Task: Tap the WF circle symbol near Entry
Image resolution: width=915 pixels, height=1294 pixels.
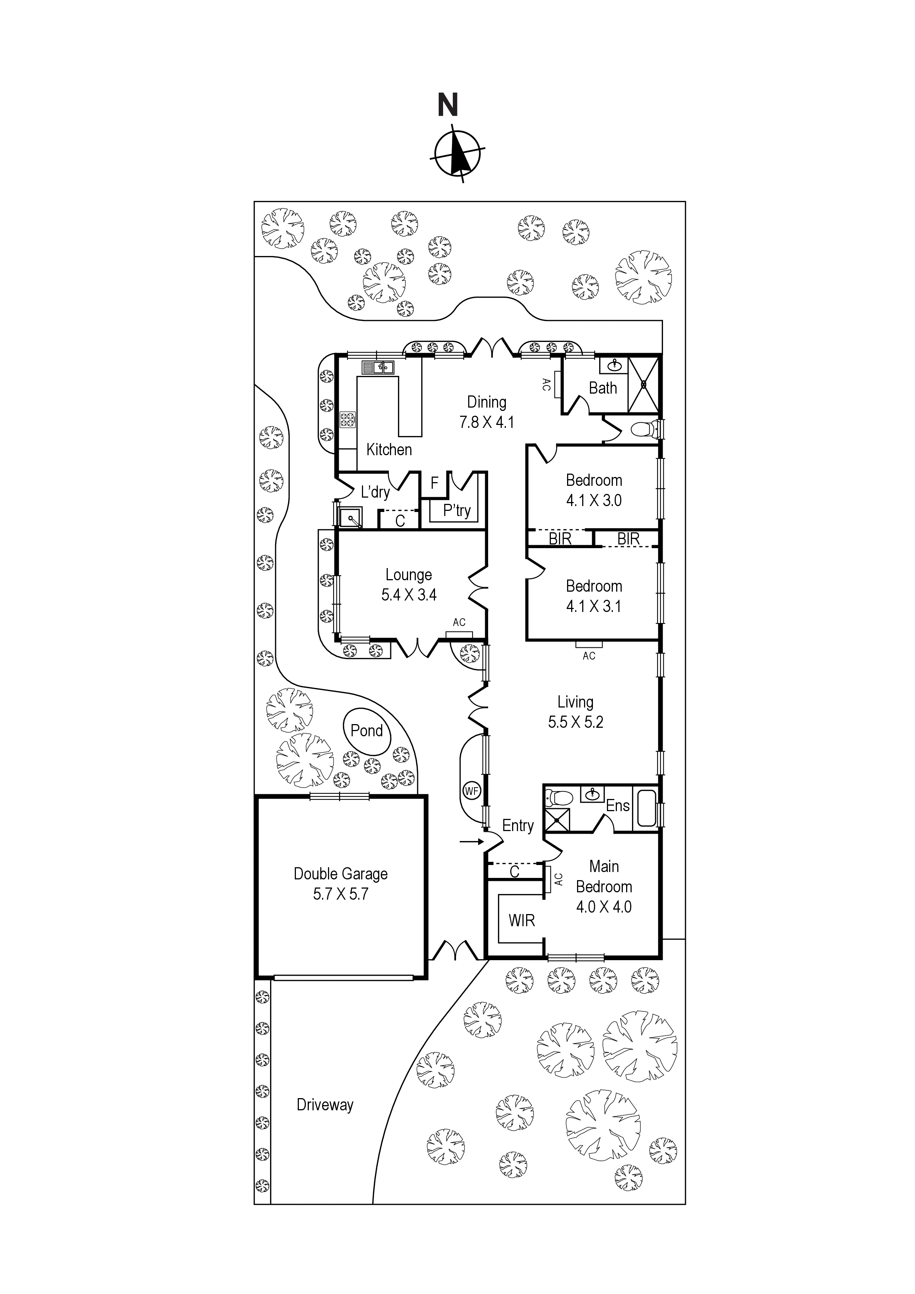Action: click(471, 791)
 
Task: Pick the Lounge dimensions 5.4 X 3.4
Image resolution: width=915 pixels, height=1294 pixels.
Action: click(409, 595)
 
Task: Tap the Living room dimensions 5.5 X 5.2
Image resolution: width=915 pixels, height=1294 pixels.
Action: click(576, 722)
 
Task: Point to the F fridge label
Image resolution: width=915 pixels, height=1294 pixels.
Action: click(434, 483)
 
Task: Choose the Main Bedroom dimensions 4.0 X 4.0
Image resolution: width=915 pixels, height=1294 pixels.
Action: click(604, 907)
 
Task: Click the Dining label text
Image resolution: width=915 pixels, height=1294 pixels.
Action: click(487, 402)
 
